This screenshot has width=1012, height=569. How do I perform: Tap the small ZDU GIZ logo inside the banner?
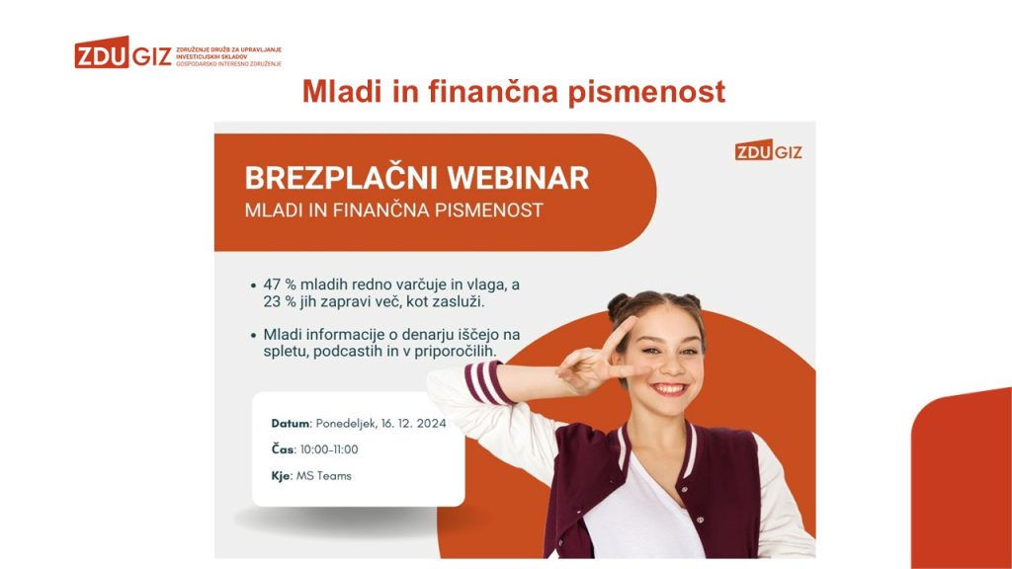pos(768,151)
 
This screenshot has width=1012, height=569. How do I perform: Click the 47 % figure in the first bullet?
pos(279,284)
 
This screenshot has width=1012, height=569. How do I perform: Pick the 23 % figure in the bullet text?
pos(279,302)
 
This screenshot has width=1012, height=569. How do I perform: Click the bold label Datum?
pos(291,424)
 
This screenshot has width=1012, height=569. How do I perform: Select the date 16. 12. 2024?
pos(414,424)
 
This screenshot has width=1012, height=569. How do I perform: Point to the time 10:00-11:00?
pos(329,449)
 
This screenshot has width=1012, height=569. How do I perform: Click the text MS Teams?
pos(324,476)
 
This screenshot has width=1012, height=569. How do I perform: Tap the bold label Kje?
pos(282,476)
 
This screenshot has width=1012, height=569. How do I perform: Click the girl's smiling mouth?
pos(669,389)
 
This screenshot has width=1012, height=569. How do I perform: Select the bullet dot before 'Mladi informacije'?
pos(253,336)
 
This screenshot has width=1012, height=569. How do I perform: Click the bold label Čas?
pos(283,449)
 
